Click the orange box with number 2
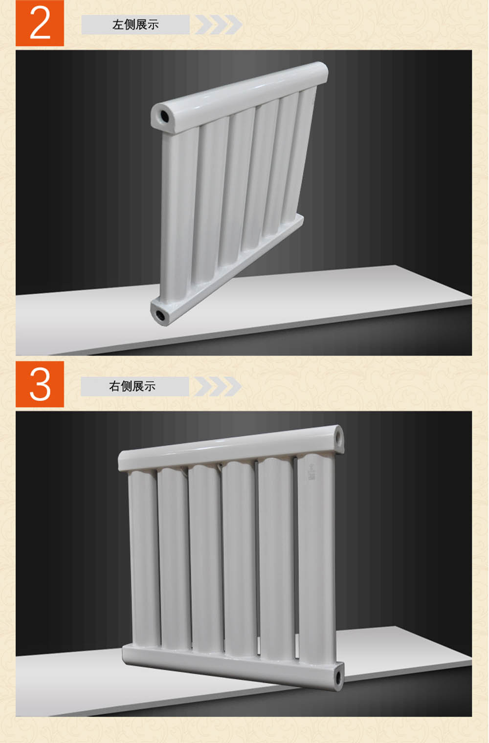tap(40, 23)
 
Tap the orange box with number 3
tap(40, 384)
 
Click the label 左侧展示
tap(135, 24)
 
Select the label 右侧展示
tap(132, 386)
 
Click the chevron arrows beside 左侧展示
tap(218, 24)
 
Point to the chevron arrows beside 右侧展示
tap(218, 386)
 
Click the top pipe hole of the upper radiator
tap(164, 115)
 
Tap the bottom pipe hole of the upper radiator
tap(161, 315)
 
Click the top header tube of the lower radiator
tap(231, 448)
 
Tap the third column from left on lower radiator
tap(206, 558)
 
